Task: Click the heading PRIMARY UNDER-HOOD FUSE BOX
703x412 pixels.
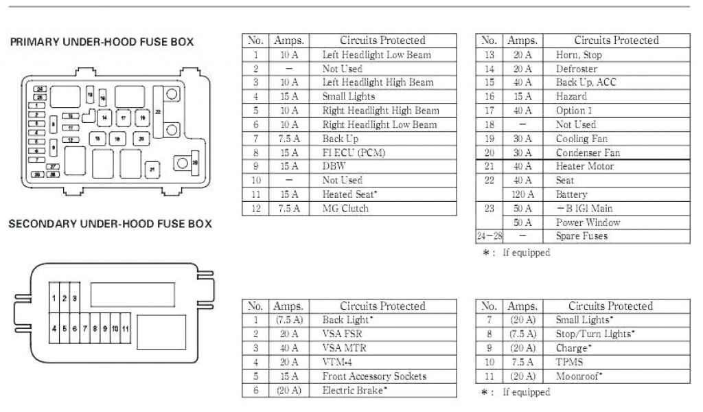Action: pos(102,43)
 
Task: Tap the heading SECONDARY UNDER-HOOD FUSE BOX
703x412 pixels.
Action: pos(110,224)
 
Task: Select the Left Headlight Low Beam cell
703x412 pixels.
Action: pos(376,54)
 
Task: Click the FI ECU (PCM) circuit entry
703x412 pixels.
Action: pos(354,152)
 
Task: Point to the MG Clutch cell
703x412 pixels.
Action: pos(345,208)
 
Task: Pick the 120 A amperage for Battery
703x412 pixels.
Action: pos(522,194)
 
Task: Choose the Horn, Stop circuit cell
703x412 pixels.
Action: pos(579,54)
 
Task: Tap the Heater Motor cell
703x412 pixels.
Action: pos(585,166)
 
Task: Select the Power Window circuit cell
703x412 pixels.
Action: pos(588,222)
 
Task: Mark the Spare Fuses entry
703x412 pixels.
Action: pos(581,236)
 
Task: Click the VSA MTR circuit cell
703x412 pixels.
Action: pos(344,348)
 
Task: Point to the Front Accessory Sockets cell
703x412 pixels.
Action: pos(374,376)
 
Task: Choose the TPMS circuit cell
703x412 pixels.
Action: pos(570,362)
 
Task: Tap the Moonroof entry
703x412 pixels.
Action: pos(579,376)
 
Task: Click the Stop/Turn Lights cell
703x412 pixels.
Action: pos(595,334)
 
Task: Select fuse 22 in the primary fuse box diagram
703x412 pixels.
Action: pos(159,111)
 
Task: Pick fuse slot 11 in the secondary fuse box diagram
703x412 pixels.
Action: pos(125,329)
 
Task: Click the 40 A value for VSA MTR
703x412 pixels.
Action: pos(289,348)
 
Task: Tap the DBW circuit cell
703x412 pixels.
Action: pos(334,166)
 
